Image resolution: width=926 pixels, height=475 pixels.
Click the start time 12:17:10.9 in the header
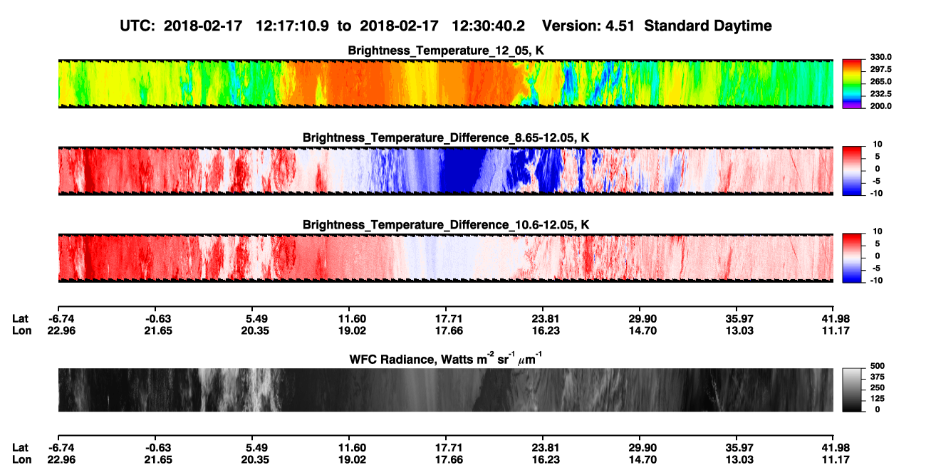pyautogui.click(x=292, y=26)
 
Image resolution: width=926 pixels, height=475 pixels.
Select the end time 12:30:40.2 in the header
pyautogui.click(x=488, y=26)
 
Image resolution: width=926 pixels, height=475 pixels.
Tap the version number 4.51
pyautogui.click(x=620, y=26)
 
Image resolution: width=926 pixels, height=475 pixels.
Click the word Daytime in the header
pyautogui.click(x=742, y=26)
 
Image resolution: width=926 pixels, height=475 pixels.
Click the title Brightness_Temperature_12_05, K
pyautogui.click(x=446, y=51)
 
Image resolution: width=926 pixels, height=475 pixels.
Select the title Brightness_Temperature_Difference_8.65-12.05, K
pyautogui.click(x=446, y=137)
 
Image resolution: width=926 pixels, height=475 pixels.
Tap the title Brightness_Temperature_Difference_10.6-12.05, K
pyautogui.click(x=446, y=225)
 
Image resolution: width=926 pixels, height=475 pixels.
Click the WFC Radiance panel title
pyautogui.click(x=446, y=359)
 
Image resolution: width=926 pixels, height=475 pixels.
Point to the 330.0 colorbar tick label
pyautogui.click(x=880, y=57)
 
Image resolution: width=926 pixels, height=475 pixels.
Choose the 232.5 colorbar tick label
pyautogui.click(x=880, y=94)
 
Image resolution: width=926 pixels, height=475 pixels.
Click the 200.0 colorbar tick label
pyautogui.click(x=880, y=106)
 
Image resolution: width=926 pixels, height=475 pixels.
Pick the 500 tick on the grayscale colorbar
pyautogui.click(x=878, y=366)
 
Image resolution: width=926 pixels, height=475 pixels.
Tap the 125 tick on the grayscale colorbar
pyautogui.click(x=878, y=399)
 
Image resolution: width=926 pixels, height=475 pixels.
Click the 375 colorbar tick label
pyautogui.click(x=878, y=377)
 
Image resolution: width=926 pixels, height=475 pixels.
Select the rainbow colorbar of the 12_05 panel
pyautogui.click(x=852, y=84)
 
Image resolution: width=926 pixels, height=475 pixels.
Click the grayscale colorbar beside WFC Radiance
pyautogui.click(x=852, y=390)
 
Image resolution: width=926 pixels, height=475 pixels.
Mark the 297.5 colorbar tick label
pyautogui.click(x=880, y=69)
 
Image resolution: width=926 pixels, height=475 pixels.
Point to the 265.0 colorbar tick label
pyautogui.click(x=880, y=81)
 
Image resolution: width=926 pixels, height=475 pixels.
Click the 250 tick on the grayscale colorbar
pyautogui.click(x=878, y=388)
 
